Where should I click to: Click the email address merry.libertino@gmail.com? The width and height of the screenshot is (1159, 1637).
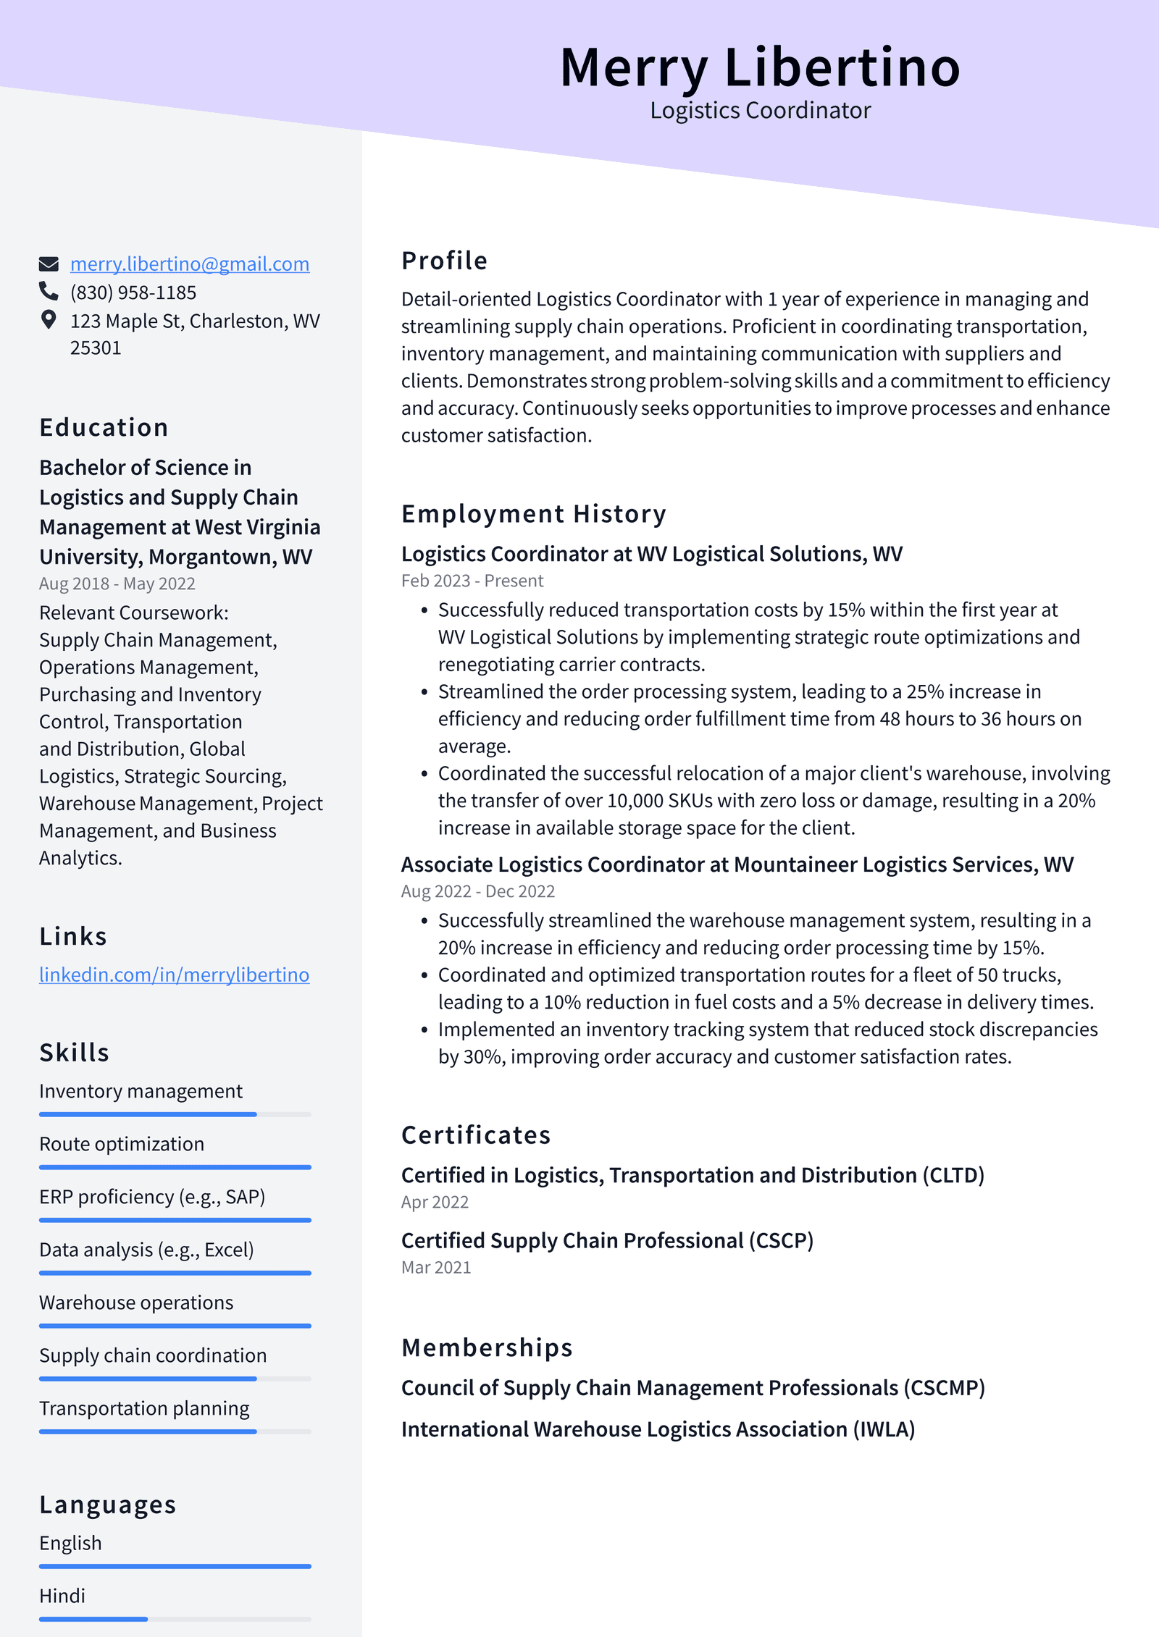click(189, 264)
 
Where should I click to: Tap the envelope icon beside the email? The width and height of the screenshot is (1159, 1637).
click(49, 264)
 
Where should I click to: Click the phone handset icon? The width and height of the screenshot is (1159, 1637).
click(49, 291)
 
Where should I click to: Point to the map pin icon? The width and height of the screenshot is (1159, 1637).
click(49, 320)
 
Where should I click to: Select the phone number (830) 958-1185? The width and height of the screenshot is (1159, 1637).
click(133, 293)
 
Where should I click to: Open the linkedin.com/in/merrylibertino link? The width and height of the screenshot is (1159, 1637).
click(174, 975)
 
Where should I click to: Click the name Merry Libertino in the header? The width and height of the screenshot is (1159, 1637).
click(760, 67)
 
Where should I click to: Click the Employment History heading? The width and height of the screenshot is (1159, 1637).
click(534, 514)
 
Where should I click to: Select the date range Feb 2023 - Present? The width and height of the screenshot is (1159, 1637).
click(472, 581)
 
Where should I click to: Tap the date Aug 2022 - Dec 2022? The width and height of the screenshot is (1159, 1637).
click(478, 891)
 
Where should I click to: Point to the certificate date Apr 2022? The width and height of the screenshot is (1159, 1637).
click(435, 1202)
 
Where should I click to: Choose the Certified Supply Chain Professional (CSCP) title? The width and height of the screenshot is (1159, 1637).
click(607, 1241)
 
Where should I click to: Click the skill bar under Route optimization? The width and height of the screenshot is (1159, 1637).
click(175, 1167)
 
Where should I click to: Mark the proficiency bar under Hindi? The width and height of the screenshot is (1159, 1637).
click(175, 1619)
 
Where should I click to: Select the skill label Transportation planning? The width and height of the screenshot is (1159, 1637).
click(144, 1408)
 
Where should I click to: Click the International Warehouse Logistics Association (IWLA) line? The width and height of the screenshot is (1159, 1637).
click(658, 1429)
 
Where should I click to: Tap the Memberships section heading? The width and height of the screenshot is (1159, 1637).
click(487, 1347)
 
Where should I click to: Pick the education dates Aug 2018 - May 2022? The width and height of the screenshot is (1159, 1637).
click(117, 584)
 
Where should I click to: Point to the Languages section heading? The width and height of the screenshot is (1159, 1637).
click(108, 1505)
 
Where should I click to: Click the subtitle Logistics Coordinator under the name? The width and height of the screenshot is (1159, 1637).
click(760, 111)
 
